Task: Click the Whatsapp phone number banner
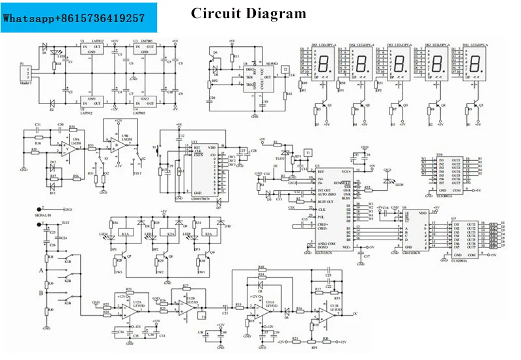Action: click(x=74, y=18)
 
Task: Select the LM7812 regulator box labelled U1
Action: click(x=91, y=48)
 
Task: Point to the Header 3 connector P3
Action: click(x=25, y=72)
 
